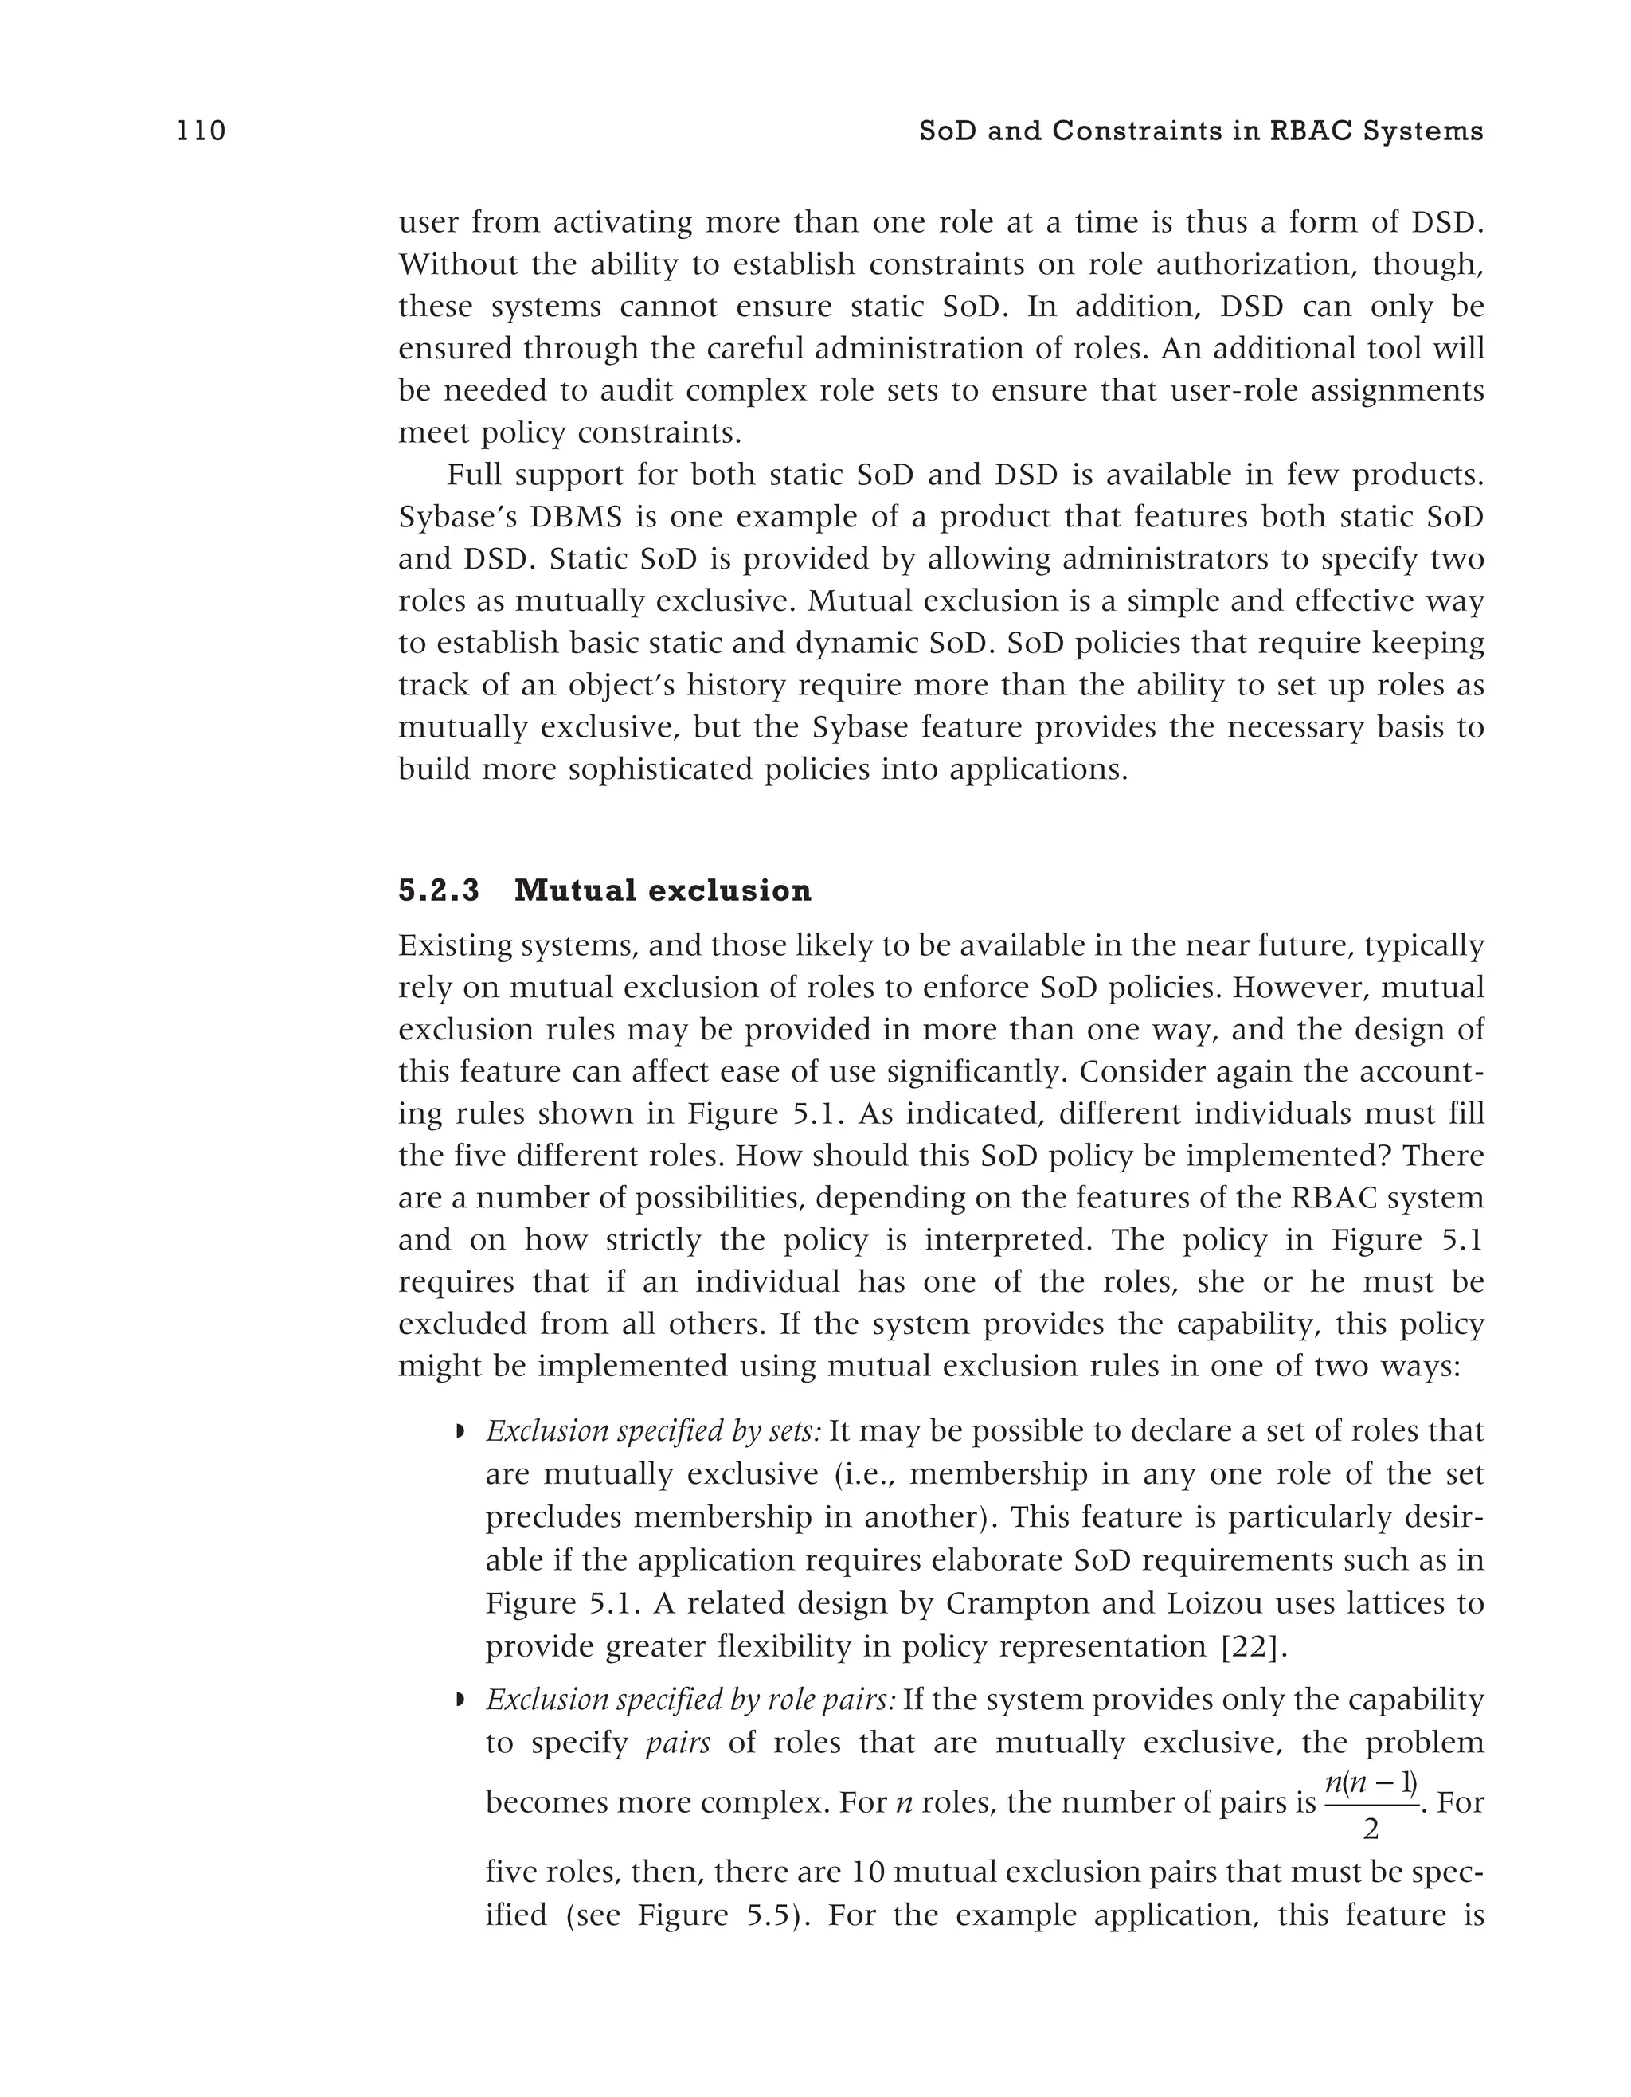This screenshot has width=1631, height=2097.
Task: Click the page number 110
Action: click(x=201, y=131)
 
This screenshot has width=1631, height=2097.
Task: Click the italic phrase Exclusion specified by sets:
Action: click(x=653, y=1432)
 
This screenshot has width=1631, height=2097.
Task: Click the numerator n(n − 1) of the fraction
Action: click(x=1370, y=1782)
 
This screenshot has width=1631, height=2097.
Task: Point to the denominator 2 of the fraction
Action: click(x=1370, y=1831)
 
